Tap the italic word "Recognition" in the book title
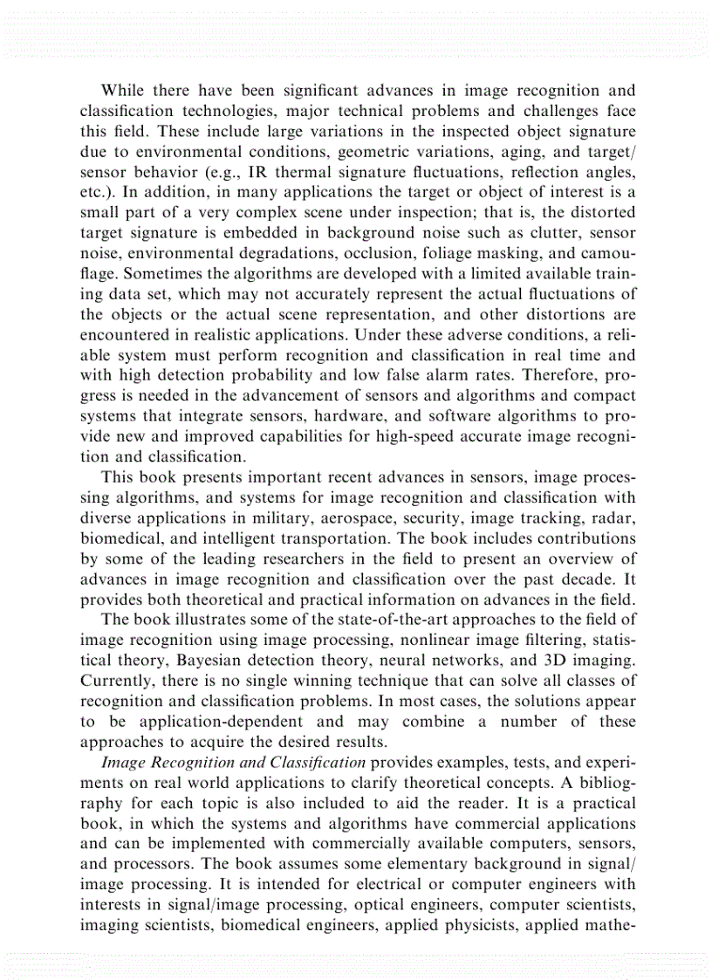click(x=192, y=762)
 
